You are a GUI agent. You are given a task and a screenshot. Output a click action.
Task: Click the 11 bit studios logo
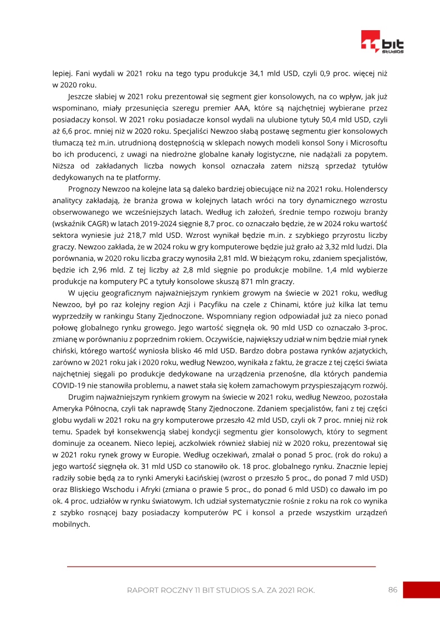(x=382, y=42)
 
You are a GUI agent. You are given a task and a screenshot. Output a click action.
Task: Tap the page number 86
(x=393, y=590)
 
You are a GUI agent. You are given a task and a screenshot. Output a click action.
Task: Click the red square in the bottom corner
(x=421, y=590)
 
